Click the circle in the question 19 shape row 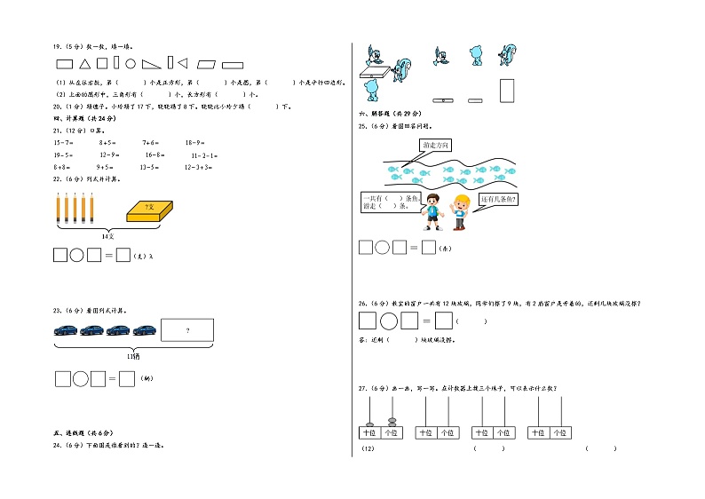click(130, 64)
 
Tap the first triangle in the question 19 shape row click(84, 64)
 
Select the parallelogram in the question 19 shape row click(208, 64)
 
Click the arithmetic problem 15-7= click(64, 142)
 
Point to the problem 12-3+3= click(200, 167)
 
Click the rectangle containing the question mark click(186, 330)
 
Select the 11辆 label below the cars click(107, 354)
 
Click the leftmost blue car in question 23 click(66, 330)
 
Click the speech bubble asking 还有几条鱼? click(498, 200)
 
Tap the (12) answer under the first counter click(369, 449)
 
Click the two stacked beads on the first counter click(391, 422)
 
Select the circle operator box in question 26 click(382, 321)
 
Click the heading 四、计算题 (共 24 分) click(83, 117)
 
